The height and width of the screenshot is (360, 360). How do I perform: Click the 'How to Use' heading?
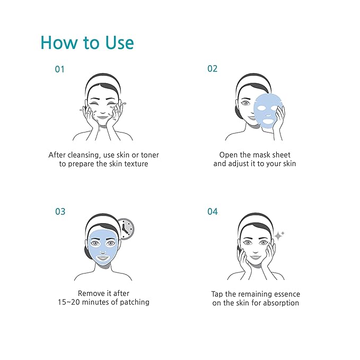click(x=87, y=42)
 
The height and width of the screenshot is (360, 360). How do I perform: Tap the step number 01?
click(x=60, y=69)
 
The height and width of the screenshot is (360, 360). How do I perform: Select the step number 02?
click(x=212, y=69)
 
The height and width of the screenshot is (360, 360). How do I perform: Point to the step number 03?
click(x=60, y=212)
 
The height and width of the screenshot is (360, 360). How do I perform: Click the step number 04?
click(x=212, y=212)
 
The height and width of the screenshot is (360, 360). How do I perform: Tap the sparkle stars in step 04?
click(x=279, y=235)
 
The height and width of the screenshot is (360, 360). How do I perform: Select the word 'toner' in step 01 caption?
click(x=148, y=155)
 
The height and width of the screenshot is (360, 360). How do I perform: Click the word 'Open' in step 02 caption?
click(x=229, y=155)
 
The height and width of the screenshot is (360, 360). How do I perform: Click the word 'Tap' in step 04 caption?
click(x=217, y=294)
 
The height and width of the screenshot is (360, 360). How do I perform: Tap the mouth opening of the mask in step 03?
click(x=104, y=257)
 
